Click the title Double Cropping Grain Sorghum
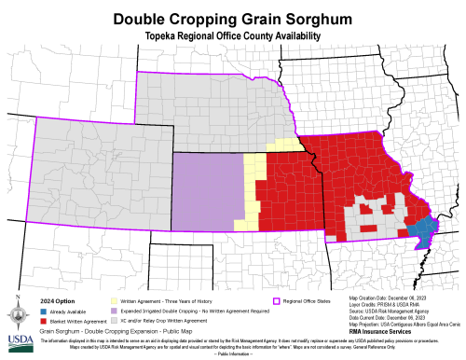[x=232, y=19]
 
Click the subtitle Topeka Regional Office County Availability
[x=232, y=35]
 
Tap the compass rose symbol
[x=18, y=307]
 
